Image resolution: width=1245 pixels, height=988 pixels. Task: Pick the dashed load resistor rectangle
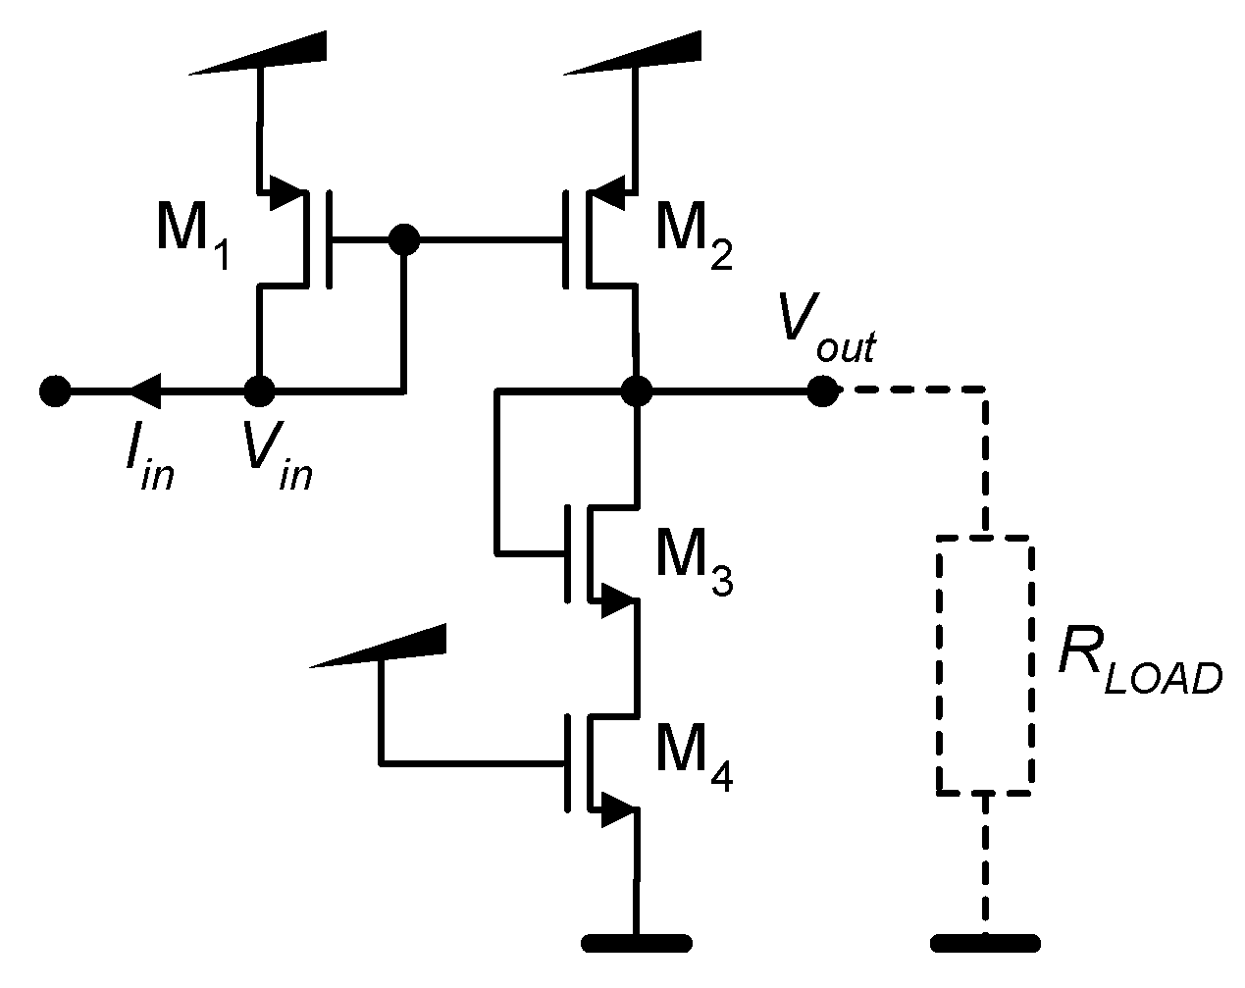tap(984, 664)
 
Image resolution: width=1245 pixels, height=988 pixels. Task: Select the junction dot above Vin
tap(259, 391)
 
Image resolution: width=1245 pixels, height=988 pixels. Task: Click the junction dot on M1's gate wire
tap(403, 238)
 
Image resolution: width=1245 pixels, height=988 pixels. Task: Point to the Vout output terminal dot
tap(822, 391)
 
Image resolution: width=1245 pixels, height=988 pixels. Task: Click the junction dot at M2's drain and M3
tap(637, 391)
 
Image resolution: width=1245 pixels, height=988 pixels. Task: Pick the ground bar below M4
tap(637, 944)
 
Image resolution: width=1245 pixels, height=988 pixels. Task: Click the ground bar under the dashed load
tap(984, 944)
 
